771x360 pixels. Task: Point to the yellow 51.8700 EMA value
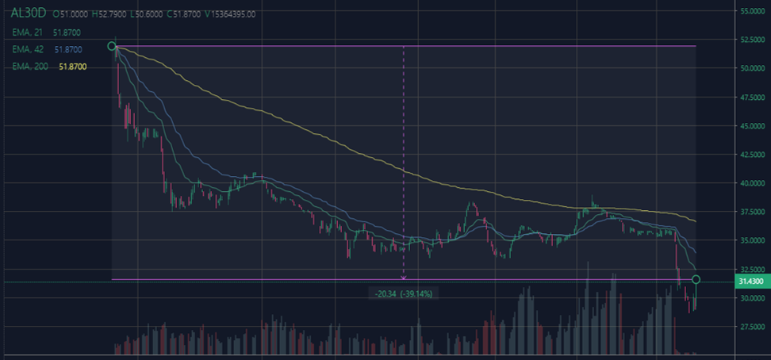pyautogui.click(x=72, y=67)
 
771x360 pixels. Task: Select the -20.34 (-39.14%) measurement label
pyautogui.click(x=404, y=293)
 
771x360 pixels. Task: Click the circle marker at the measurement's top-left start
pyautogui.click(x=112, y=47)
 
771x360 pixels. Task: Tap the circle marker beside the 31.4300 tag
pyautogui.click(x=696, y=279)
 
